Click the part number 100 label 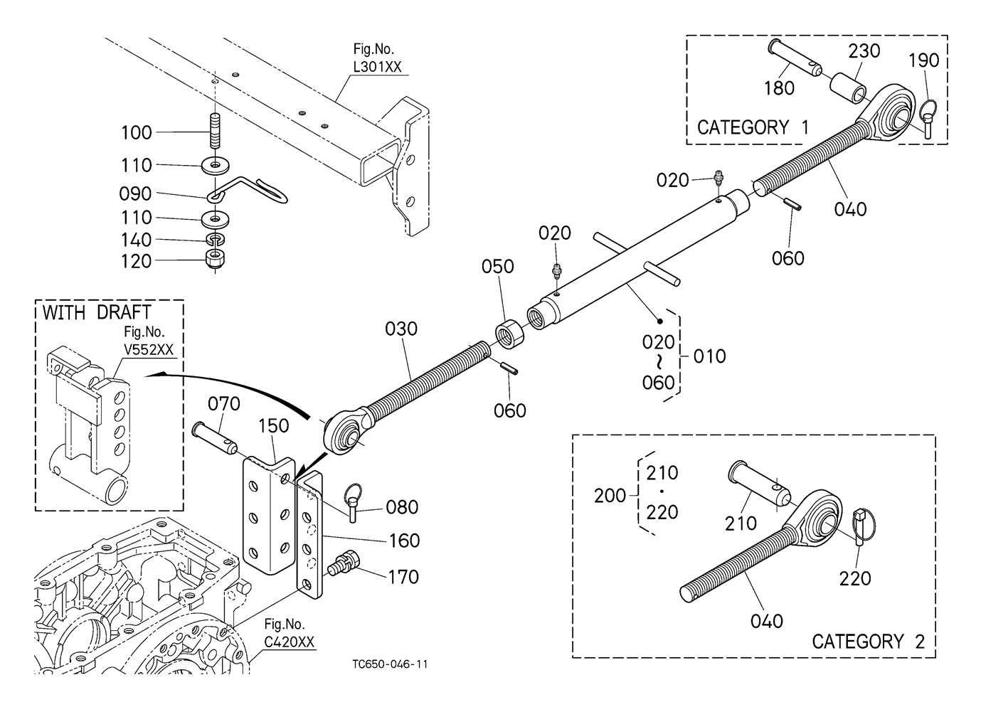(137, 133)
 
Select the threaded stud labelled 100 (216, 128)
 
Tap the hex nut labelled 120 (215, 259)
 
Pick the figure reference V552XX (148, 350)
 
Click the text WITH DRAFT (97, 312)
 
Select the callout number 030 (401, 329)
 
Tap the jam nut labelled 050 (509, 333)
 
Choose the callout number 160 (404, 541)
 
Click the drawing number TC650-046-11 (390, 664)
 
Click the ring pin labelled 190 (929, 117)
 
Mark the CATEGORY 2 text (868, 642)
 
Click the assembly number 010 (709, 356)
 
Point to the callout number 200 (610, 496)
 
